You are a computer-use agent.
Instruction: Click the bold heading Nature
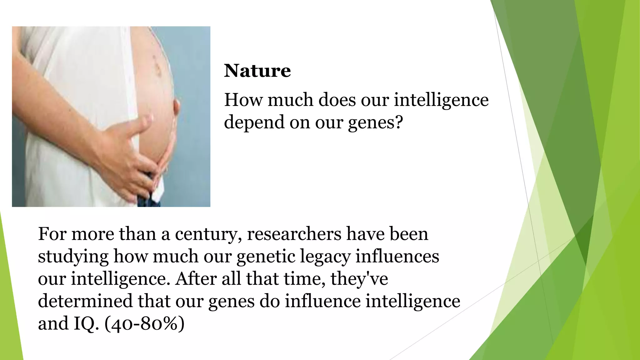(257, 71)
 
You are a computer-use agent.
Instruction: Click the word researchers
(294, 234)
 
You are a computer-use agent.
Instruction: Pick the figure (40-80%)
(144, 324)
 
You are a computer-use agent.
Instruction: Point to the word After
(196, 279)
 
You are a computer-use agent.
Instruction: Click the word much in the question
(290, 100)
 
